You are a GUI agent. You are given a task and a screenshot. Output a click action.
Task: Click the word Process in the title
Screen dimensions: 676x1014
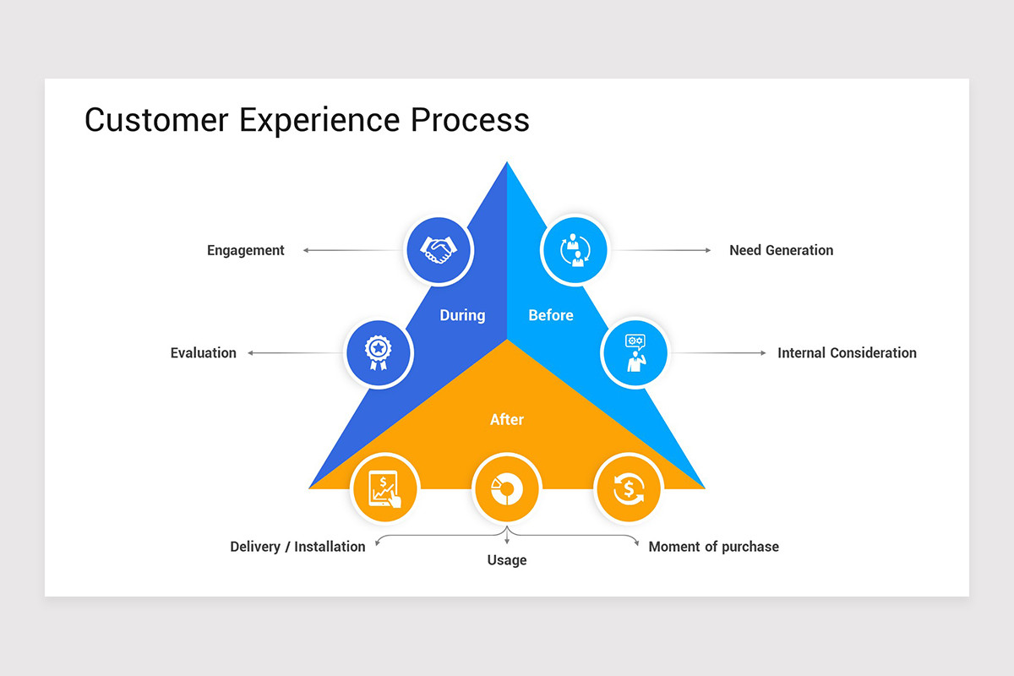pyautogui.click(x=470, y=120)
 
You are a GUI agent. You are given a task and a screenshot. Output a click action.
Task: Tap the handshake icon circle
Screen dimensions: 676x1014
pyautogui.click(x=439, y=250)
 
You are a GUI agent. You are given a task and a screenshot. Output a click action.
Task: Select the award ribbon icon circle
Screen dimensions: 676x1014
pyautogui.click(x=379, y=352)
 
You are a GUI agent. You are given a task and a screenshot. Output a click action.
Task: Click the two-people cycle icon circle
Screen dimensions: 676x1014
pyautogui.click(x=575, y=250)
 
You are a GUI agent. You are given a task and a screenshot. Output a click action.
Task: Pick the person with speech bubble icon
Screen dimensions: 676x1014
pyautogui.click(x=635, y=352)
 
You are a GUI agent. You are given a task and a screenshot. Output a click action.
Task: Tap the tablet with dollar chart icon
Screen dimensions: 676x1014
pyautogui.click(x=385, y=488)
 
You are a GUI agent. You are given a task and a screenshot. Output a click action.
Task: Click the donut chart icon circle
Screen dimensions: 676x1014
pyautogui.click(x=507, y=488)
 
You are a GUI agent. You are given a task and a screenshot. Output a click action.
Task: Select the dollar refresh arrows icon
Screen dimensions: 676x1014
pyautogui.click(x=629, y=488)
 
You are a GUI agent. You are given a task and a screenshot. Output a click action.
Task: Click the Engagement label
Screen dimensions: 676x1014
pyautogui.click(x=246, y=250)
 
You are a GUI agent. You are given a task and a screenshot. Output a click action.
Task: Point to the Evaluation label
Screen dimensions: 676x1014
pyautogui.click(x=204, y=353)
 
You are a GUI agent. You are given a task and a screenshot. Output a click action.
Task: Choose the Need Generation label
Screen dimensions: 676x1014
pyautogui.click(x=781, y=250)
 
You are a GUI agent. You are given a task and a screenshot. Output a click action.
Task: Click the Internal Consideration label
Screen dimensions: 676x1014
pyautogui.click(x=847, y=353)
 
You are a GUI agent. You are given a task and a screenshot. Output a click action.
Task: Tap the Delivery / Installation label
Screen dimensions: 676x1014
pyautogui.click(x=297, y=547)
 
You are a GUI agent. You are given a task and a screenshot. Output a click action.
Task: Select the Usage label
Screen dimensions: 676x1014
pyautogui.click(x=507, y=560)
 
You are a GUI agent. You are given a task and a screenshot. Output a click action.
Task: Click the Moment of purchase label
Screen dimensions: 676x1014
pyautogui.click(x=713, y=547)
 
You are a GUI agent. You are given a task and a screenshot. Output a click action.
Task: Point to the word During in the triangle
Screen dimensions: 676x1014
pyautogui.click(x=462, y=315)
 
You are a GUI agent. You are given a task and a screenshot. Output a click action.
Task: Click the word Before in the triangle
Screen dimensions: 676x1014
pyautogui.click(x=551, y=315)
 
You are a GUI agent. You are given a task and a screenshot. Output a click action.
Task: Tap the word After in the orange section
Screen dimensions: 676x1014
pyautogui.click(x=507, y=419)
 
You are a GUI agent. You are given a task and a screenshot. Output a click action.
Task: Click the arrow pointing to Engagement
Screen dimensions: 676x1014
pyautogui.click(x=346, y=250)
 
